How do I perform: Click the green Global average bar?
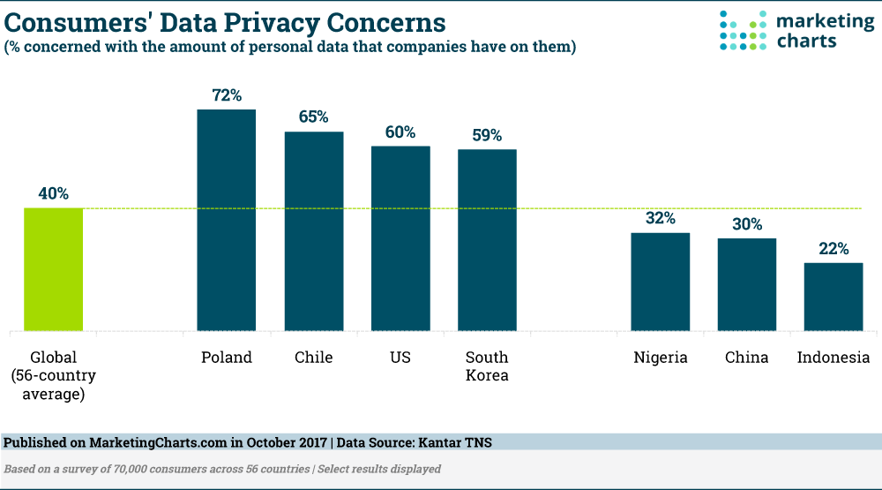[53, 269]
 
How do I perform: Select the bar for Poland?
[226, 221]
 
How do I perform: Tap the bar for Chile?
[313, 231]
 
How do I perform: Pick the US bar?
[400, 238]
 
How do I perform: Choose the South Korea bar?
[487, 240]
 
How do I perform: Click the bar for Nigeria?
[660, 282]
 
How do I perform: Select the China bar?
[746, 284]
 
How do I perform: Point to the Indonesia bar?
[833, 297]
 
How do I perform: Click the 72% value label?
[226, 94]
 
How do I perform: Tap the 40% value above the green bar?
[53, 193]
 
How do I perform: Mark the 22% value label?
[833, 248]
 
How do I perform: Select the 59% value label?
[487, 135]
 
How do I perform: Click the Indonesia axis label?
[833, 358]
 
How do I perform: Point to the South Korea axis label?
[487, 366]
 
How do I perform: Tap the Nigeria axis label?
[660, 358]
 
